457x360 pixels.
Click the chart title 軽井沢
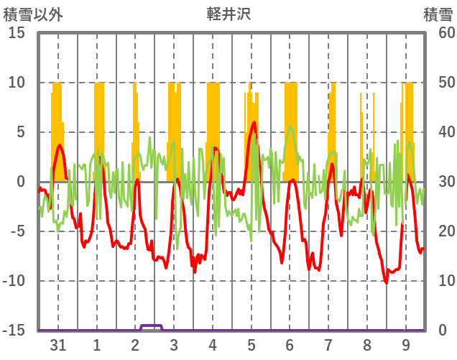pyautogui.click(x=228, y=14)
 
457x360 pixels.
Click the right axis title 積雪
pyautogui.click(x=437, y=14)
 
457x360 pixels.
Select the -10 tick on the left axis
pyautogui.click(x=14, y=281)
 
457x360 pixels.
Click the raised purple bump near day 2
pyautogui.click(x=151, y=326)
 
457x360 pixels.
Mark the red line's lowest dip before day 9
pyautogui.click(x=387, y=282)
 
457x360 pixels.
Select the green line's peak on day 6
pyautogui.click(x=290, y=127)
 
